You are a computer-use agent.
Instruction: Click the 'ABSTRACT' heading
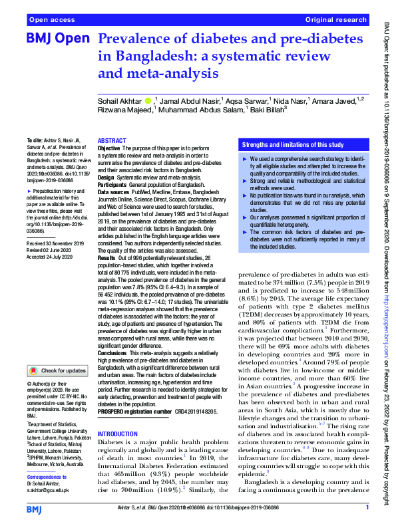click(112, 141)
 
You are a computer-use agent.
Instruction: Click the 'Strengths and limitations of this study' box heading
click(292, 144)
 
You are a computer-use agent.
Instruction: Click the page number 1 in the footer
click(367, 509)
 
